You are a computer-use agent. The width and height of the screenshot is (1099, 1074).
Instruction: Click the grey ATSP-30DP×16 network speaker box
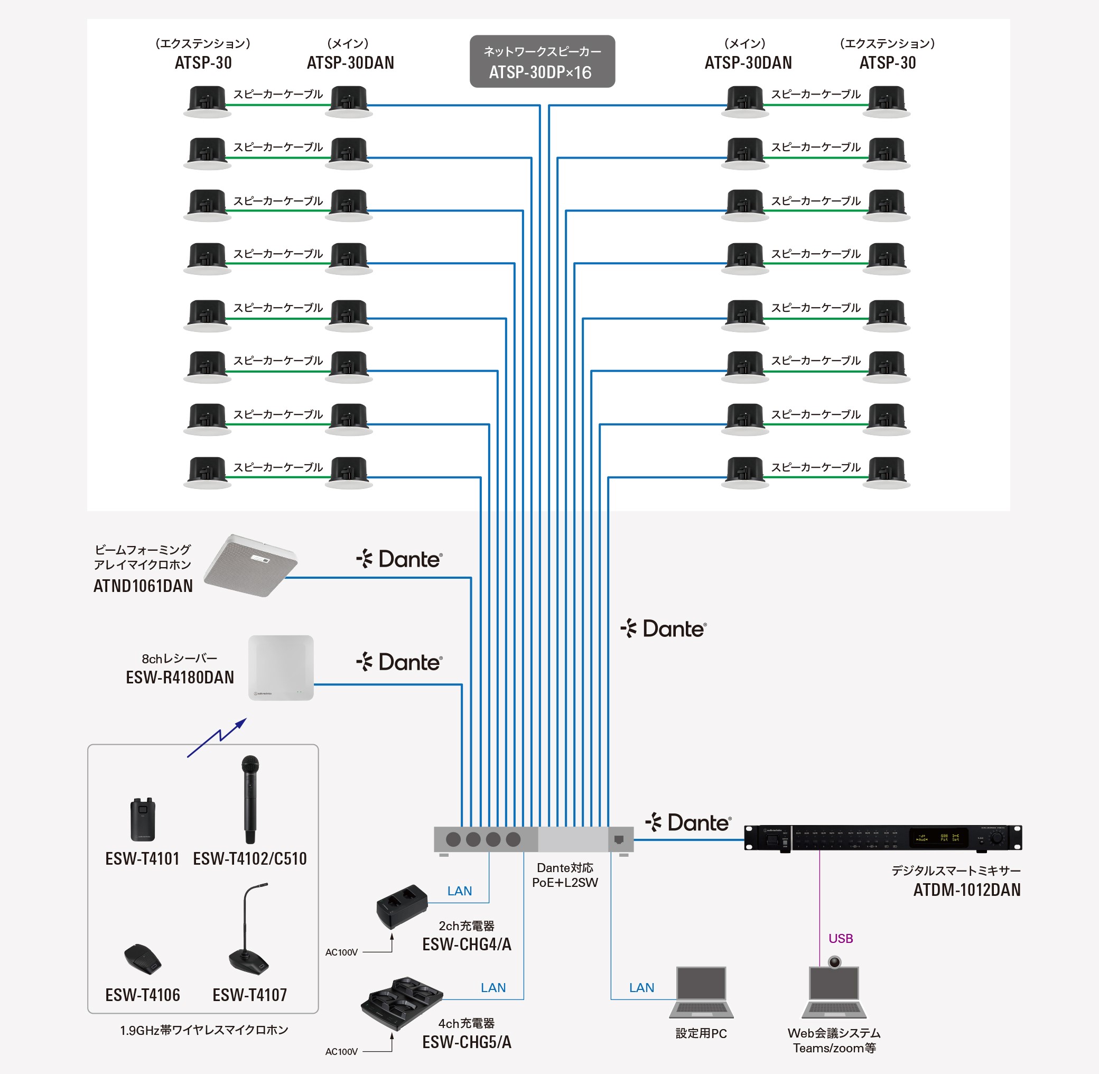click(x=542, y=61)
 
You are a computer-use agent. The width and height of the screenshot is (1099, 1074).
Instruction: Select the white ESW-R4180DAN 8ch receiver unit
click(x=281, y=668)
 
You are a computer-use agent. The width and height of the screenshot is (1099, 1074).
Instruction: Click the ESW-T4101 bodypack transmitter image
click(x=143, y=819)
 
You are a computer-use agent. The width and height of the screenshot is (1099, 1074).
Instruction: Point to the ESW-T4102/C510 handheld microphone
click(x=250, y=799)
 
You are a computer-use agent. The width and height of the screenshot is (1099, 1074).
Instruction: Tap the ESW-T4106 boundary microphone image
click(x=143, y=958)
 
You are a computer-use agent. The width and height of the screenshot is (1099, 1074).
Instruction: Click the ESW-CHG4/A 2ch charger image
click(x=402, y=905)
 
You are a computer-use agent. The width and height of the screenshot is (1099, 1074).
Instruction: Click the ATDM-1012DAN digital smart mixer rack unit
click(x=882, y=837)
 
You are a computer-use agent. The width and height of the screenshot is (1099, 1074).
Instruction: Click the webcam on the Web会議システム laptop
click(x=834, y=962)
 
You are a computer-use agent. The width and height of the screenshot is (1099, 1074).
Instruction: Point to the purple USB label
click(x=840, y=939)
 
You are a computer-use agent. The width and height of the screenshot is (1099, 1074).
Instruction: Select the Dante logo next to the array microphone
click(x=399, y=559)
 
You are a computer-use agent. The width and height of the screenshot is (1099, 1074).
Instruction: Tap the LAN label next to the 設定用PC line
click(x=641, y=988)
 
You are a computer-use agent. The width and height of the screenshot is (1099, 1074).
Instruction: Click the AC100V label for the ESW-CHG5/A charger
click(x=341, y=1051)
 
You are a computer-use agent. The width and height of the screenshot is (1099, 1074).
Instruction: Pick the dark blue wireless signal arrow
click(x=217, y=737)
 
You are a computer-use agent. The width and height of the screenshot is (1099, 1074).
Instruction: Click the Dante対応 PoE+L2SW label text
click(x=564, y=875)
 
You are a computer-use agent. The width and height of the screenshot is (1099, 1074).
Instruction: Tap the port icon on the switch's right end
click(x=619, y=839)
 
